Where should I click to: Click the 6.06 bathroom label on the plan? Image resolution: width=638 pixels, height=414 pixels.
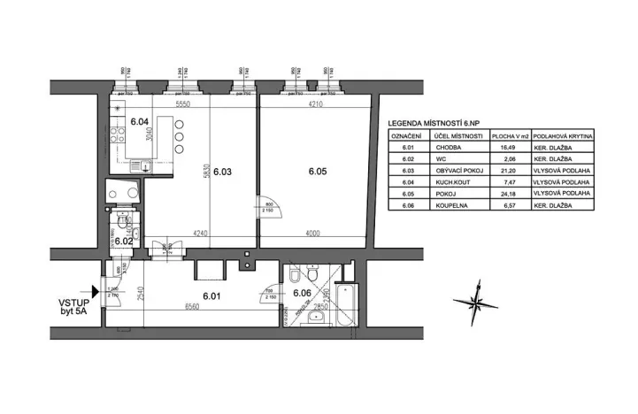[x=302, y=293]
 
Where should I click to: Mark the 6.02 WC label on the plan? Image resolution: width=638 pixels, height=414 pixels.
[x=123, y=241]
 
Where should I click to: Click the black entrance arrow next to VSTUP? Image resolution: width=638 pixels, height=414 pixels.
[x=96, y=290]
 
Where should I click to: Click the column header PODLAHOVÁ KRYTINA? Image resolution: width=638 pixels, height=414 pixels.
[x=565, y=137]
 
